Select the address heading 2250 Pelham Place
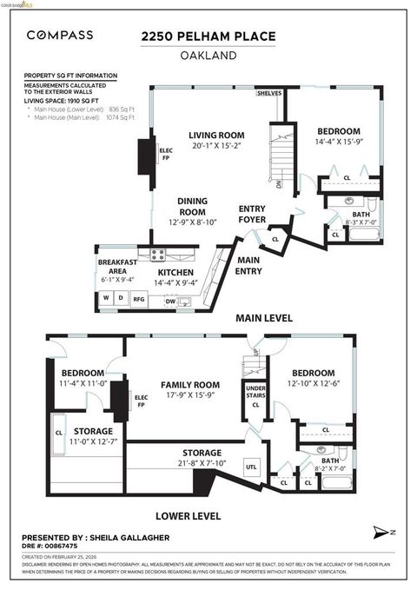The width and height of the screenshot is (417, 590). (208, 36)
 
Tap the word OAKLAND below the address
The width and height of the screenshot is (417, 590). (208, 54)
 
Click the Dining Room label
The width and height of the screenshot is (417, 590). (192, 206)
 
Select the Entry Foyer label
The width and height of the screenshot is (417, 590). (252, 214)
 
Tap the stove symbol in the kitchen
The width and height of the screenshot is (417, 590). (158, 255)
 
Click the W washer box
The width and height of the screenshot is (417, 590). (106, 298)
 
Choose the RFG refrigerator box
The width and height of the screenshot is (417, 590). (139, 298)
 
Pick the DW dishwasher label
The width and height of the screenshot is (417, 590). (158, 302)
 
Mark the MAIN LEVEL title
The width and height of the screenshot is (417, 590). (265, 318)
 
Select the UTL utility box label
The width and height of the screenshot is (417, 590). (251, 467)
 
